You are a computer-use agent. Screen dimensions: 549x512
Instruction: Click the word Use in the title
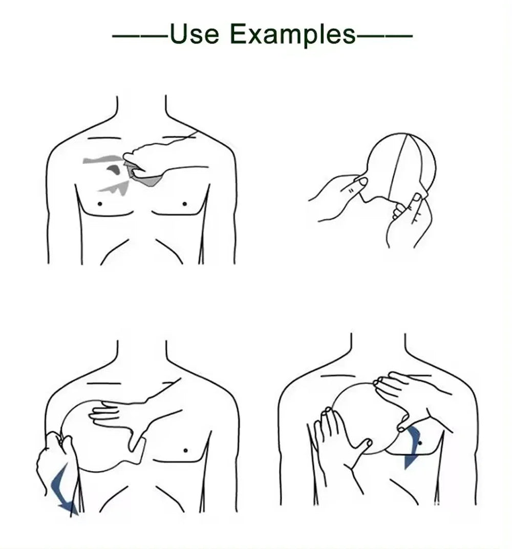(x=194, y=34)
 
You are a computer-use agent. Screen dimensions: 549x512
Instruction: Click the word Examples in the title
(x=292, y=35)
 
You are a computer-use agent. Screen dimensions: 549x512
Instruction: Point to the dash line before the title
(x=139, y=36)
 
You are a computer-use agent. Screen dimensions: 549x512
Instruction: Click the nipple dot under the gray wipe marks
(x=100, y=203)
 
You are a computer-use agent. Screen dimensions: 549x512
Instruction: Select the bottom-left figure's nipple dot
(x=185, y=451)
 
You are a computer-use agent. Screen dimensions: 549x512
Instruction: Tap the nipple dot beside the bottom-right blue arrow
(x=420, y=442)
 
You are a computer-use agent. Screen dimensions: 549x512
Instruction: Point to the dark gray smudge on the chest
(x=114, y=169)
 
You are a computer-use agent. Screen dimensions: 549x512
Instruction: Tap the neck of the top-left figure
(x=142, y=110)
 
